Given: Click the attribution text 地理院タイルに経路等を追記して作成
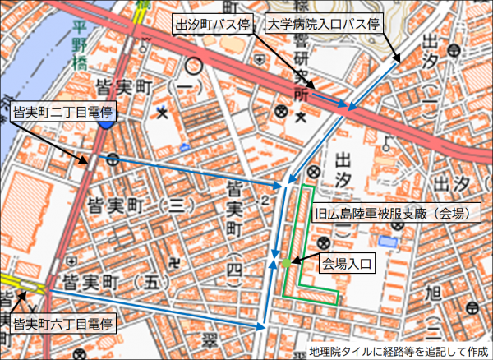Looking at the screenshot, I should click(x=399, y=352).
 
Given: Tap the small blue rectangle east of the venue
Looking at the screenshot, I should click(x=387, y=242).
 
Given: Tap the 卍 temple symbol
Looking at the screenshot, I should click(x=175, y=264).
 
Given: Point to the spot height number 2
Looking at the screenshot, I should click(x=265, y=200).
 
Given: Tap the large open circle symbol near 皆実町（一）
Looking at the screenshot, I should click(x=194, y=63).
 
